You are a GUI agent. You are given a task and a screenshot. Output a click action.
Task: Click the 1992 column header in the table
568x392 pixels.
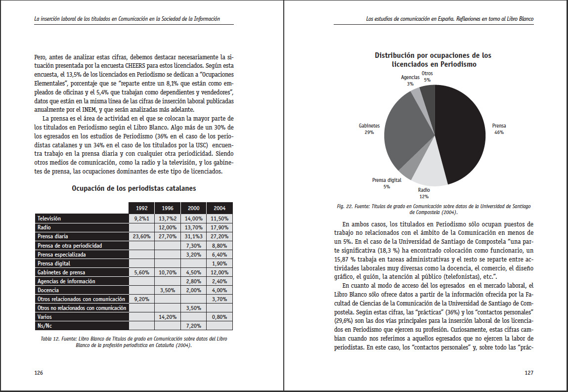point(141,208)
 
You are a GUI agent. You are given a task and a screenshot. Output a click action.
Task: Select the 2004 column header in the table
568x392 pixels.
point(219,208)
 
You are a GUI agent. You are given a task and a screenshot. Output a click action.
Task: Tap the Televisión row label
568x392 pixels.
point(49,218)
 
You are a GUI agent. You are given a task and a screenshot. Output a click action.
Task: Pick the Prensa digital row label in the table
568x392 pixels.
point(54,263)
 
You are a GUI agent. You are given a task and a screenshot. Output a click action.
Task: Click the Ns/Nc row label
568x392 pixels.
point(45,326)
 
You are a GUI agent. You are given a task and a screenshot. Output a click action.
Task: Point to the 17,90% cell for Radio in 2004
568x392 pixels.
point(219,227)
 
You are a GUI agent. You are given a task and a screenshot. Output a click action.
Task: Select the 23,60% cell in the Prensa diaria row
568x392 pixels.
point(141,236)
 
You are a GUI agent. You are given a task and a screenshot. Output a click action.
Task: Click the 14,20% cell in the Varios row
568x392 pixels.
point(168,317)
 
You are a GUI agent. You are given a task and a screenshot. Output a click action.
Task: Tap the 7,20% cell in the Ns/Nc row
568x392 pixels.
point(193,326)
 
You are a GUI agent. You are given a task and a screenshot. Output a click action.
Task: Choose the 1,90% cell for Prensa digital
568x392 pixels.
point(219,263)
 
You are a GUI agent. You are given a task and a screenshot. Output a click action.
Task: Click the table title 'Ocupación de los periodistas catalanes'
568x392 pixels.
point(133,188)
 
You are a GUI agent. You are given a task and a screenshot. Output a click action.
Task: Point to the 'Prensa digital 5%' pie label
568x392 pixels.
point(387,183)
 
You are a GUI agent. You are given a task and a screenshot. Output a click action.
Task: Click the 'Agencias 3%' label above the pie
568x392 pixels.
point(410,81)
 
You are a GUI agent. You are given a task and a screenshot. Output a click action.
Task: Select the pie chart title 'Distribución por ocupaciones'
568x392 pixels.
point(433,60)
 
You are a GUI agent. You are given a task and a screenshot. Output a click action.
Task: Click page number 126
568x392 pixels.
point(38,373)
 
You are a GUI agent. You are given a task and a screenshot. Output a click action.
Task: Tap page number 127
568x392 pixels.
point(529,373)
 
